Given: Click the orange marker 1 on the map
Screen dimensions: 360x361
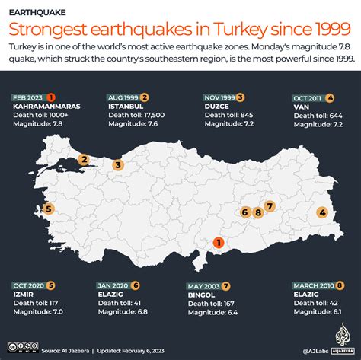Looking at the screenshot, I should (218, 244).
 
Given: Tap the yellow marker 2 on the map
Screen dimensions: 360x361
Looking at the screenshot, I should (84, 160).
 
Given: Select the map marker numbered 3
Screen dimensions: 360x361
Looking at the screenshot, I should (118, 165).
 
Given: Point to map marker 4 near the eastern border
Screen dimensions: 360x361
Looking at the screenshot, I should (321, 212).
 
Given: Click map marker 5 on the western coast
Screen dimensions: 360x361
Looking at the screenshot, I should (49, 209).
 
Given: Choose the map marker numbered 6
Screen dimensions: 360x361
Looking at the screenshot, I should (245, 212).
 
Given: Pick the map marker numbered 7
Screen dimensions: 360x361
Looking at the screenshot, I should (269, 205).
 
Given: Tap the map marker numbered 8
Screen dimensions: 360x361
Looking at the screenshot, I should (258, 212).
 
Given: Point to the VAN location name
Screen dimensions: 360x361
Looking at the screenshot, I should (301, 106).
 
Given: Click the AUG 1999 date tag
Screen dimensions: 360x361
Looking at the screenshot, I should (121, 97).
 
